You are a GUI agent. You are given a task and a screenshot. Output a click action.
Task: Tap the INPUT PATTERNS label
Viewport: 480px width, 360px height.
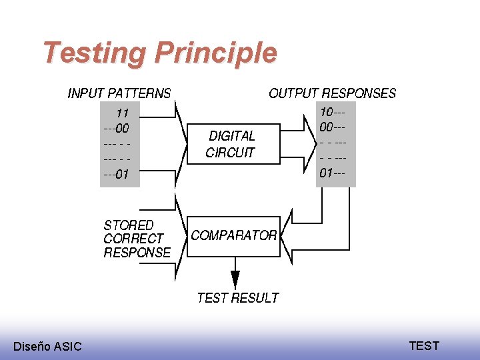coord(119,93)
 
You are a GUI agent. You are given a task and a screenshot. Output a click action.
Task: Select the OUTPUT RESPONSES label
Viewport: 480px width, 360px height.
coord(332,93)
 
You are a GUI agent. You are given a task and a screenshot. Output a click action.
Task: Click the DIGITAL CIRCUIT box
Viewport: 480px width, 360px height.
coord(231,143)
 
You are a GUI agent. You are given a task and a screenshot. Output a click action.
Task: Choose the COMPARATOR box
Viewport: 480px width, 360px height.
coord(233,236)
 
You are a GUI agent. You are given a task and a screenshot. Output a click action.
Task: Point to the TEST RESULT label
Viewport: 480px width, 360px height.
coord(238,298)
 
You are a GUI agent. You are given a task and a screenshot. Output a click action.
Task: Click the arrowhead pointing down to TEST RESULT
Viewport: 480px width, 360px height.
coord(235,281)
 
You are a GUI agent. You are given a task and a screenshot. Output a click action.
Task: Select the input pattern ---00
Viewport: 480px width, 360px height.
coord(116,129)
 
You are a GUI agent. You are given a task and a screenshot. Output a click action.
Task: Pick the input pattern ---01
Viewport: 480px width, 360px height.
coord(116,175)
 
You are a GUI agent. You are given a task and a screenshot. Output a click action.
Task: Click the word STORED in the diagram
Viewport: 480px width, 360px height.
coord(128,225)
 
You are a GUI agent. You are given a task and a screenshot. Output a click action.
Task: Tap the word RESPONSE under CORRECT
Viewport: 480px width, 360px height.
coord(137,253)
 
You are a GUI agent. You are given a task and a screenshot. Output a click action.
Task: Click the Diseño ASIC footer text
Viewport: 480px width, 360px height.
coord(47,346)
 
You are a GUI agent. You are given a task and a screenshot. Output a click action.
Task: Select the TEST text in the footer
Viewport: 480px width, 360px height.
coord(424,345)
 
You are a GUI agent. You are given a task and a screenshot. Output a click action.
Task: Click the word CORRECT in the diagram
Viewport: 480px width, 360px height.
coord(133,239)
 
